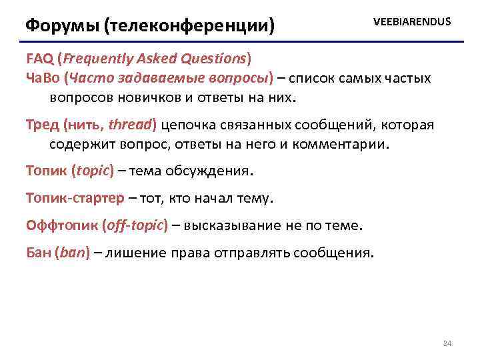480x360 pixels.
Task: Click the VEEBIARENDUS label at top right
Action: [x=412, y=22]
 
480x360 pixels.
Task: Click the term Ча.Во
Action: [x=43, y=78]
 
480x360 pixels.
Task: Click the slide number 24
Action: [x=447, y=343]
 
